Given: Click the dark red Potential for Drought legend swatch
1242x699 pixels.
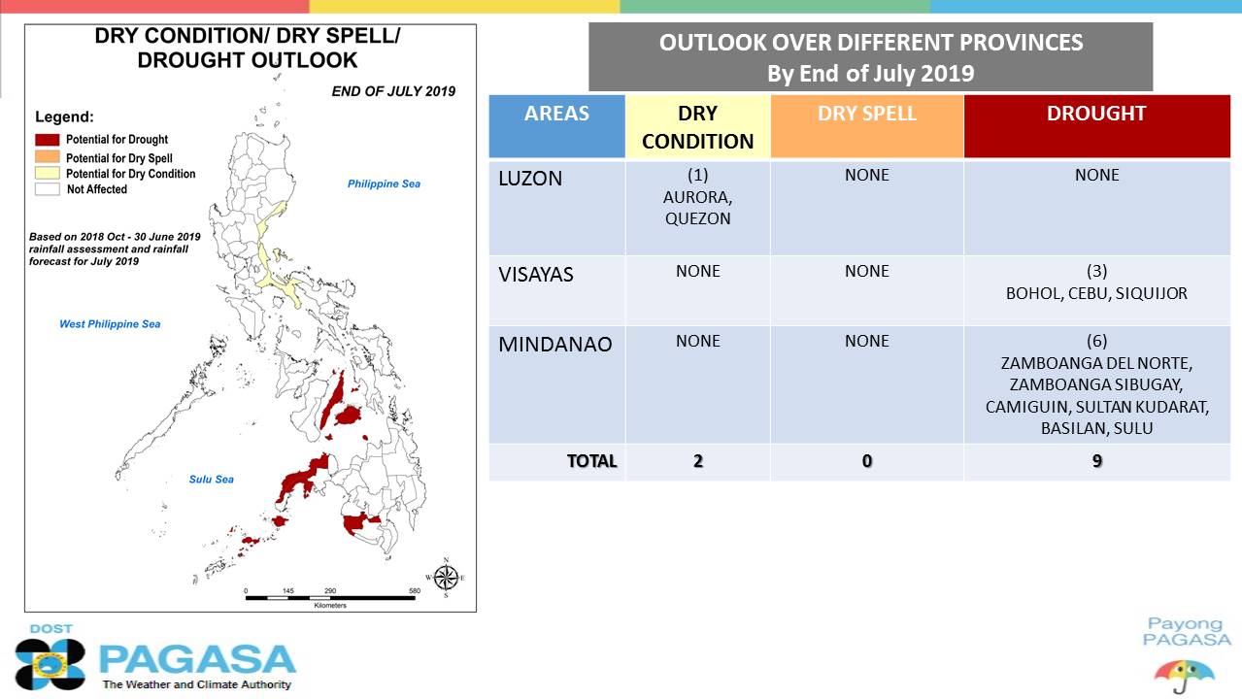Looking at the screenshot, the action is [x=48, y=140].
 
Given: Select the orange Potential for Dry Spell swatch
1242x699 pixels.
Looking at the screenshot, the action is [x=48, y=156].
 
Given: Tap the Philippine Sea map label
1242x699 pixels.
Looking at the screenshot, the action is [x=384, y=184].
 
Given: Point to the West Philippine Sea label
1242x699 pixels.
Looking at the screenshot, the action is [x=110, y=324].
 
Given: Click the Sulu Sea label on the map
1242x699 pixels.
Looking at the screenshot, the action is [x=212, y=480].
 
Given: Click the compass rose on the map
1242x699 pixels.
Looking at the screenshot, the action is [x=446, y=579].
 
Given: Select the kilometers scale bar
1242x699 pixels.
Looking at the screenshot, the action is [x=330, y=598].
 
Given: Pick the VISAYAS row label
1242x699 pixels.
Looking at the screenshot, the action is [x=536, y=275].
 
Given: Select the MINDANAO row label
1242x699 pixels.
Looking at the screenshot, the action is [x=555, y=345].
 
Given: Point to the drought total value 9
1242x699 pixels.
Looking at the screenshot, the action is [x=1096, y=461].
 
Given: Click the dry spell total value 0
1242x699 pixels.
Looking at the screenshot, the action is [x=867, y=461].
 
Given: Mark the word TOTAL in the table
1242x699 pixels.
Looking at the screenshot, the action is [x=592, y=461].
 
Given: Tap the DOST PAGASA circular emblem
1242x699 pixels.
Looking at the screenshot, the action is [x=50, y=664].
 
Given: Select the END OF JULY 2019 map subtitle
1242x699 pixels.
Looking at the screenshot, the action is [x=393, y=91].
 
